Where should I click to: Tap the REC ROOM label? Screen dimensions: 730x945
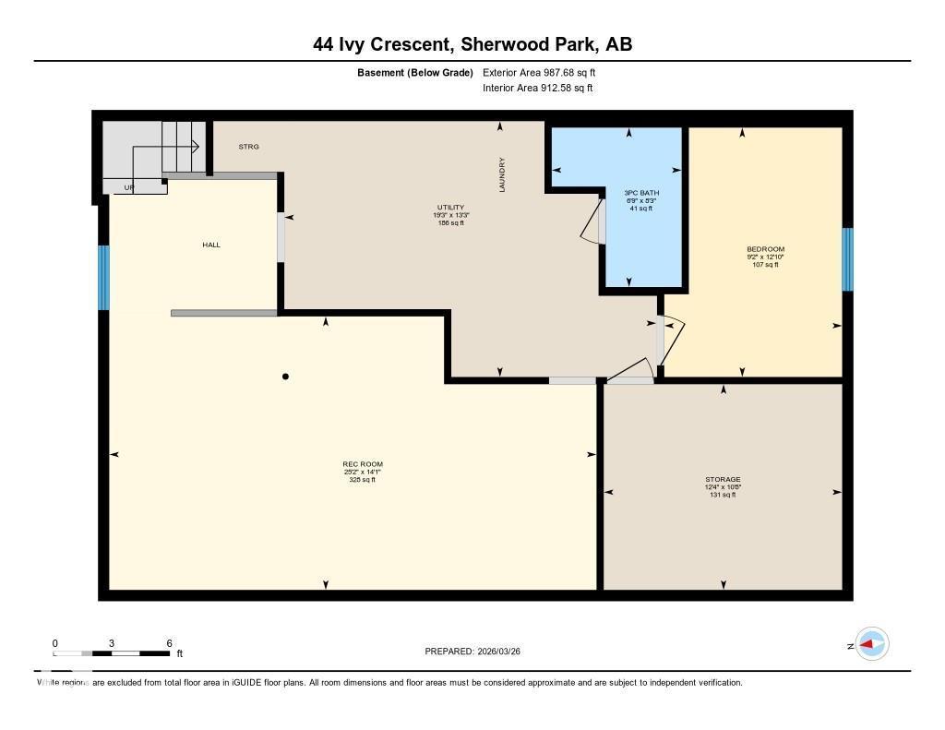pyautogui.click(x=362, y=464)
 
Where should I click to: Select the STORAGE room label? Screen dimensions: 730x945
pyautogui.click(x=723, y=480)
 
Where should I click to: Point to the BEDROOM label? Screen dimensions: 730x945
pyautogui.click(x=765, y=249)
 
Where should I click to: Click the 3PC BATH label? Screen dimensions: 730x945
pyautogui.click(x=641, y=193)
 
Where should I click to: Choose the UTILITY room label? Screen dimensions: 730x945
pyautogui.click(x=450, y=208)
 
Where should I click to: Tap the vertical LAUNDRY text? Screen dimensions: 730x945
pyautogui.click(x=503, y=174)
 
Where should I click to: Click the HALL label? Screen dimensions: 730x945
pyautogui.click(x=211, y=245)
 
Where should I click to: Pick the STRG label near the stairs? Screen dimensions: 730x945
pyautogui.click(x=248, y=147)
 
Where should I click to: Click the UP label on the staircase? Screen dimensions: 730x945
pyautogui.click(x=130, y=187)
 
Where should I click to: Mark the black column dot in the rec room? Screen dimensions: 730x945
pyautogui.click(x=286, y=377)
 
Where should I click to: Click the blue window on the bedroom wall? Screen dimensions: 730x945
pyautogui.click(x=846, y=259)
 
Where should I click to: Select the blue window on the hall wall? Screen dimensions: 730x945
pyautogui.click(x=104, y=277)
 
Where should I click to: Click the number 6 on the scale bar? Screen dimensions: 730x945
pyautogui.click(x=169, y=643)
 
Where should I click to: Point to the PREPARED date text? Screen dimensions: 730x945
pyautogui.click(x=478, y=652)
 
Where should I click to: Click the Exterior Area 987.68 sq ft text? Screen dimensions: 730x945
pyautogui.click(x=545, y=72)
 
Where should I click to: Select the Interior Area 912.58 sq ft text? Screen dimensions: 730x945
pyautogui.click(x=537, y=89)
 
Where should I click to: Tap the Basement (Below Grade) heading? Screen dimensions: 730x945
pyautogui.click(x=414, y=72)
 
